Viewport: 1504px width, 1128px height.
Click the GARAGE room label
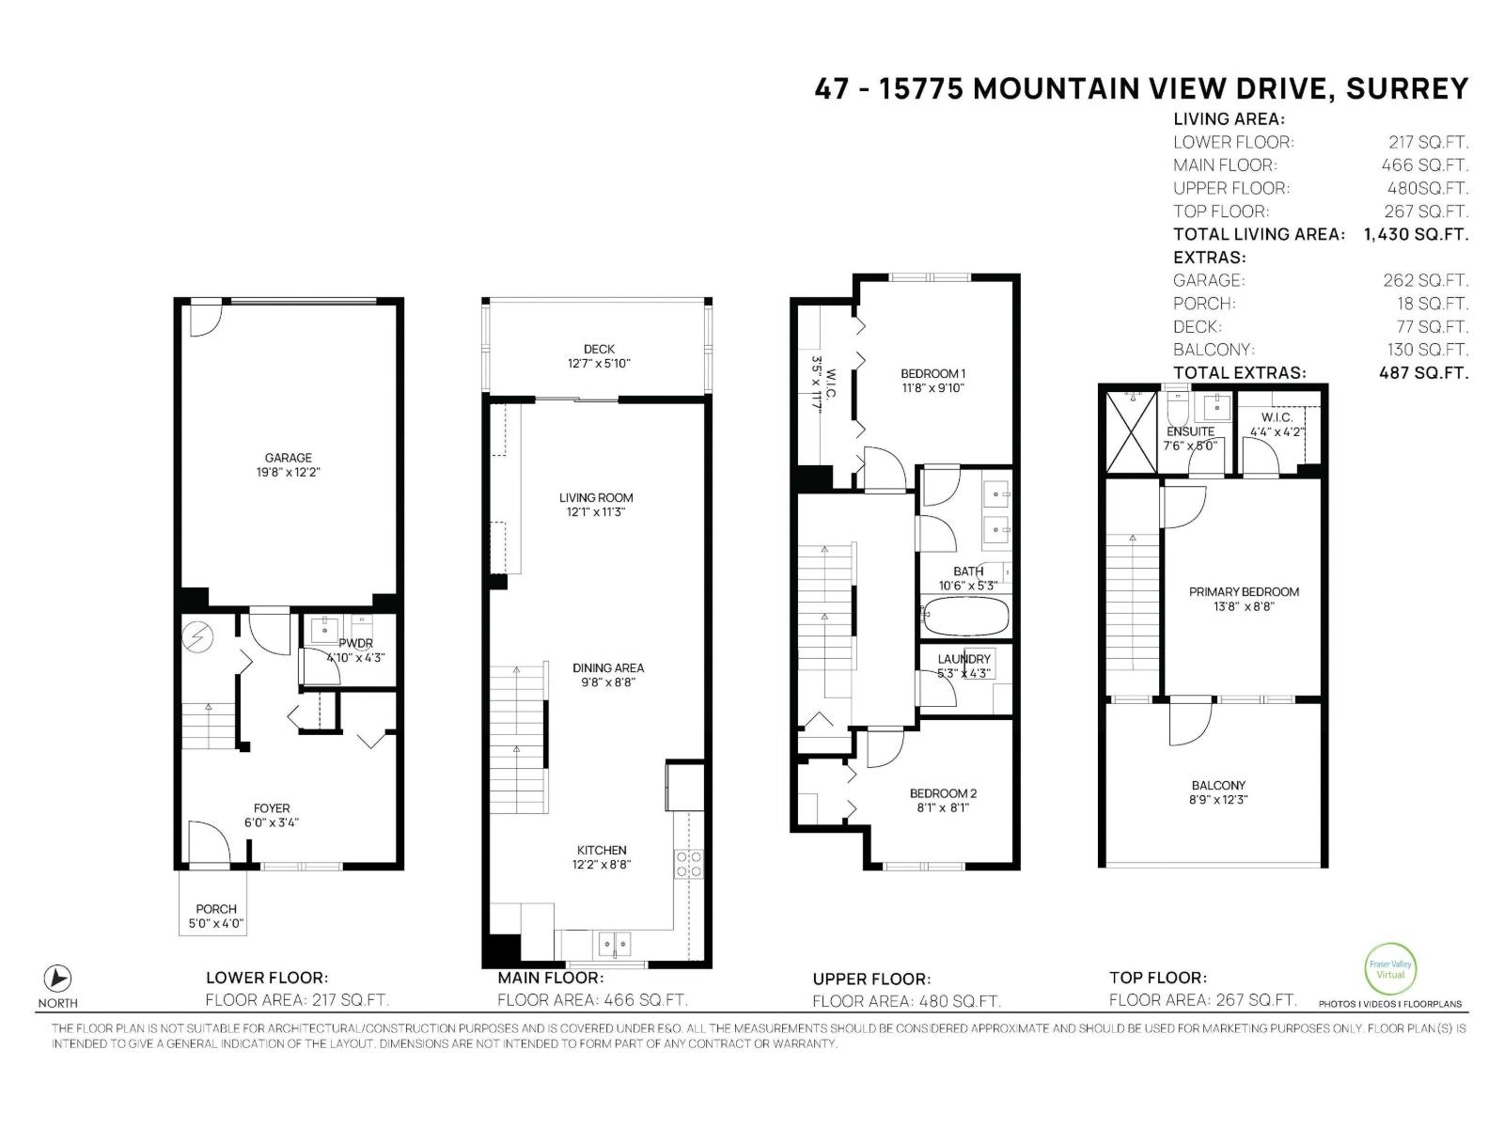(288, 458)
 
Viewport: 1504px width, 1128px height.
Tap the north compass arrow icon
(58, 979)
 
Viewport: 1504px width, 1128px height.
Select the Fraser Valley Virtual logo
(1389, 969)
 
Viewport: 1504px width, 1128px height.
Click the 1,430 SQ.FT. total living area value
(1415, 234)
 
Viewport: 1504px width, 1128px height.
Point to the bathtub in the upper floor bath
(965, 618)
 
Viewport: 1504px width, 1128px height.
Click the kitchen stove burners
(689, 864)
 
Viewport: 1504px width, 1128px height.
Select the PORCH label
(215, 909)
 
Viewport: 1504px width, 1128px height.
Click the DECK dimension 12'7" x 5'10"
(599, 363)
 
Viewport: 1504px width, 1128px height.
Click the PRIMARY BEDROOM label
(1244, 592)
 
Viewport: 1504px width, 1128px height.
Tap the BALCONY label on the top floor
(1218, 785)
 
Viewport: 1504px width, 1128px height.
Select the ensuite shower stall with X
(1132, 432)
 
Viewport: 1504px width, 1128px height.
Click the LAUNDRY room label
(963, 659)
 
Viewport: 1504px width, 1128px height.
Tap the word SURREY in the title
(1406, 88)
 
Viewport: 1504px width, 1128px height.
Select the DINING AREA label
(608, 668)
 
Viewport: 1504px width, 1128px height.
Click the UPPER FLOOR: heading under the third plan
(871, 979)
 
